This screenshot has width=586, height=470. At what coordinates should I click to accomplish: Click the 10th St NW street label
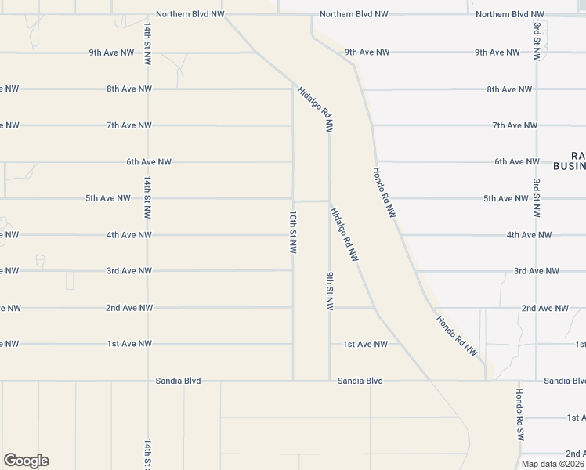pyautogui.click(x=293, y=232)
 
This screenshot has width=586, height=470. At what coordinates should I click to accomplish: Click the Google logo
pyautogui.click(x=25, y=461)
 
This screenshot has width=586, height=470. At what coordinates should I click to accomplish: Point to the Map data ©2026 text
pyautogui.click(x=553, y=464)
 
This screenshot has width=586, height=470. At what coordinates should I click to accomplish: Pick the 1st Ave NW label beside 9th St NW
pyautogui.click(x=365, y=344)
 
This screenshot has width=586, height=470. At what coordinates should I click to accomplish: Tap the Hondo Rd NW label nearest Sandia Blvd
pyautogui.click(x=456, y=335)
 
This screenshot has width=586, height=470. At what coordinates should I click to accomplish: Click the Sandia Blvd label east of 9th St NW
pyautogui.click(x=360, y=381)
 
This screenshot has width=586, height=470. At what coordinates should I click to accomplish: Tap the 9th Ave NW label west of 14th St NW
pyautogui.click(x=110, y=52)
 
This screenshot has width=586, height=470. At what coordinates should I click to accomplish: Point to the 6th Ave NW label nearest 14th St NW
pyautogui.click(x=149, y=162)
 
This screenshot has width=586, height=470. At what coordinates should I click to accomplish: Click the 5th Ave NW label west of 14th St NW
pyautogui.click(x=108, y=198)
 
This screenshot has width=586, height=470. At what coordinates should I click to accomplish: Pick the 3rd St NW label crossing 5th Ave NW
pyautogui.click(x=537, y=197)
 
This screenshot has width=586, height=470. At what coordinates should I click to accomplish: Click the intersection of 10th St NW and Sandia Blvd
pyautogui.click(x=293, y=381)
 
